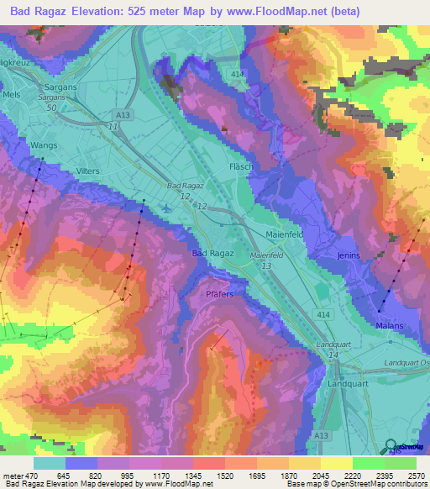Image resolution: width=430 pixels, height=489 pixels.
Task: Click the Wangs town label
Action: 44,145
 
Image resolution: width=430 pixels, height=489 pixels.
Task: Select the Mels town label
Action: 11,96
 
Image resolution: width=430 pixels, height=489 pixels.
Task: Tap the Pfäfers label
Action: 223,295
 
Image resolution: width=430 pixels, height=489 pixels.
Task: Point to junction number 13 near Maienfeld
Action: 266,266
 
